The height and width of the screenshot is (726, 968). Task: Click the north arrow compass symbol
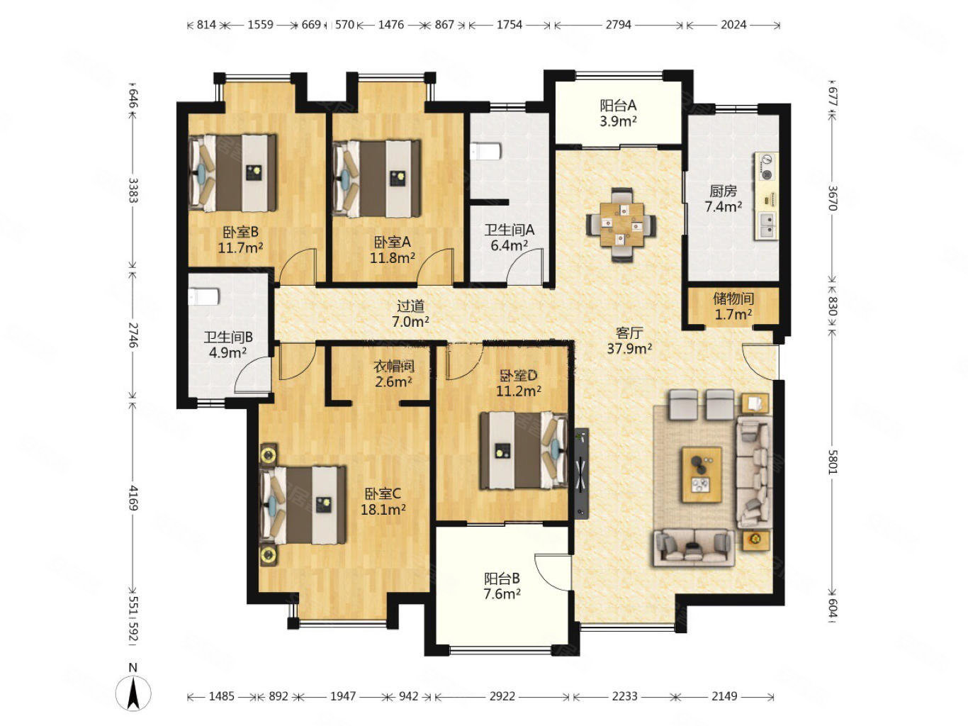pyautogui.click(x=133, y=691)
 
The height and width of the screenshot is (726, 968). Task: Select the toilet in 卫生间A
pyautogui.click(x=485, y=151)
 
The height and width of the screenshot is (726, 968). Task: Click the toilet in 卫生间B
pyautogui.click(x=203, y=296)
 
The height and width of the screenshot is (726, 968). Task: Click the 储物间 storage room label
pyautogui.click(x=733, y=298)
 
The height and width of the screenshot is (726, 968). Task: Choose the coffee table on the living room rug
pyautogui.click(x=701, y=474)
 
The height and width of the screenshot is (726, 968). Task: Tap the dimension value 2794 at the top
pyautogui.click(x=618, y=25)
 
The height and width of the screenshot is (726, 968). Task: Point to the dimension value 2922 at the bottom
pyautogui.click(x=502, y=696)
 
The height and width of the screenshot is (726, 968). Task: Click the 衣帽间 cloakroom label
pyautogui.click(x=393, y=366)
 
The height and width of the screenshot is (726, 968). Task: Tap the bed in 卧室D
pyautogui.click(x=524, y=450)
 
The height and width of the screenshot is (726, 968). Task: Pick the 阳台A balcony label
pyautogui.click(x=618, y=106)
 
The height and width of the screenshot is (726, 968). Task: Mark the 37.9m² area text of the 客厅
pyautogui.click(x=629, y=348)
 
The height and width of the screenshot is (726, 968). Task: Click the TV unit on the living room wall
pyautogui.click(x=581, y=474)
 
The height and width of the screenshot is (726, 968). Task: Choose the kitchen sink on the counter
pyautogui.click(x=767, y=225)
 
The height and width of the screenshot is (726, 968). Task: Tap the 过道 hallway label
pyautogui.click(x=410, y=306)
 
